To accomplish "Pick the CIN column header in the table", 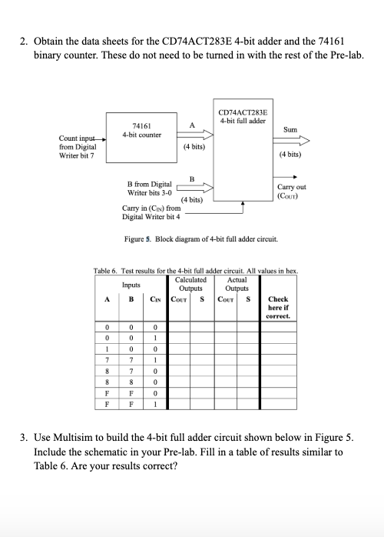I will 155,300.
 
